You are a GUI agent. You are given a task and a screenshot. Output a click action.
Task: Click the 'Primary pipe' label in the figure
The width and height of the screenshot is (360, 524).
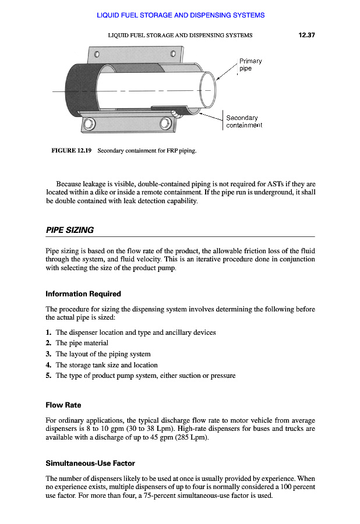pos(250,65)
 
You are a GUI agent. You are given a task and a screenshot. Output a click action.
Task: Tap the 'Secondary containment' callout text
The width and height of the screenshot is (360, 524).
pos(243,121)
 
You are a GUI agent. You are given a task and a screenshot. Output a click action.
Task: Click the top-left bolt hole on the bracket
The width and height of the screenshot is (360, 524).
pos(98,55)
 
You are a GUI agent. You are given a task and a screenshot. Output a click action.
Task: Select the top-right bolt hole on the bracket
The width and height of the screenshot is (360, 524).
pos(173,54)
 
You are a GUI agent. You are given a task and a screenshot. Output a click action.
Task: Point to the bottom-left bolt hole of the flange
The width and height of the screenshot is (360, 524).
pos(89,123)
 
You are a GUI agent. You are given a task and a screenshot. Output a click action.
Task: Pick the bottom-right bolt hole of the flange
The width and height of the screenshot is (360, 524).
pos(165,122)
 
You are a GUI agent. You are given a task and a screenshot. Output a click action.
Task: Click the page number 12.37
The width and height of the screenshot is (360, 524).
pos(306,35)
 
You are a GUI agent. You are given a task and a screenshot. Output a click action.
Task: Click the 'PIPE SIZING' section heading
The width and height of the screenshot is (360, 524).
pos(69,230)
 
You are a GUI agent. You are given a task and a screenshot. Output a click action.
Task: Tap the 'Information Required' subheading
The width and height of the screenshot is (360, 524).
pos(83,293)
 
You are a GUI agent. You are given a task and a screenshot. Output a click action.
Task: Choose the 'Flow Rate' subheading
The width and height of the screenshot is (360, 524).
pos(63,405)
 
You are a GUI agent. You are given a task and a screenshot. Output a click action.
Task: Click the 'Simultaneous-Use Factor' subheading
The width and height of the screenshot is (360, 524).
pos(90,463)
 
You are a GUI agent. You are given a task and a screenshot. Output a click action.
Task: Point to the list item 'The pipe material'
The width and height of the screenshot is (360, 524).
pos(82,343)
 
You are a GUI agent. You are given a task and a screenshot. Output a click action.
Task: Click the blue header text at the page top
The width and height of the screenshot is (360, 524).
pos(181,15)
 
